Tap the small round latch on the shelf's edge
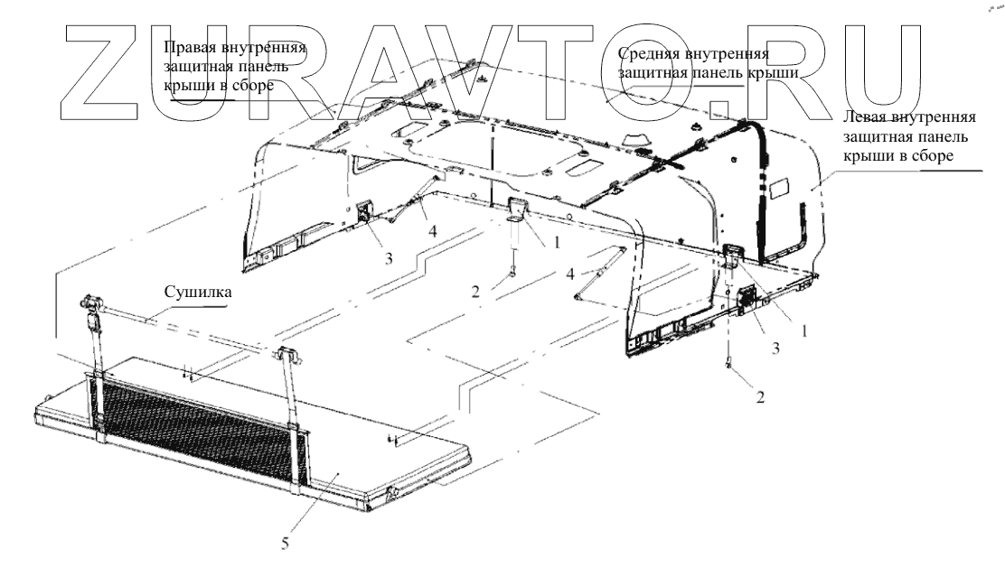tap(393, 491)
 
